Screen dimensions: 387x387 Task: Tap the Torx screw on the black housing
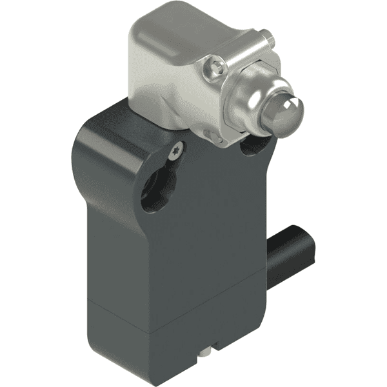coord(179,150)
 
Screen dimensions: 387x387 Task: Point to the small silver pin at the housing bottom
coord(206,352)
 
